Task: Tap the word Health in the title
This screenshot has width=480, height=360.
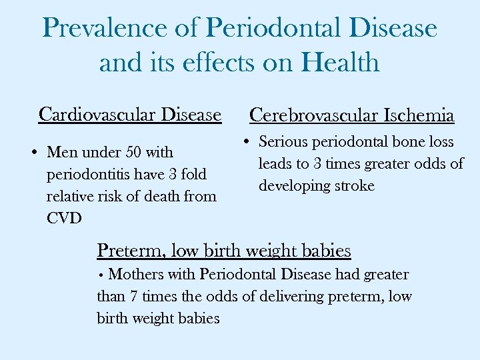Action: coord(341,63)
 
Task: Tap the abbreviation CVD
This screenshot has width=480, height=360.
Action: coord(64,218)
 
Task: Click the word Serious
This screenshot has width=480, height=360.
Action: coord(283,141)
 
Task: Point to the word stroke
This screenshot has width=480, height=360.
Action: coord(356,185)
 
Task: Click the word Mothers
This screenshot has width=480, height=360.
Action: coord(137,274)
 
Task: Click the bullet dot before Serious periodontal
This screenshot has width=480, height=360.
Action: coord(246,142)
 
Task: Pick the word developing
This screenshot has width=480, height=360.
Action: coord(292,185)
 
